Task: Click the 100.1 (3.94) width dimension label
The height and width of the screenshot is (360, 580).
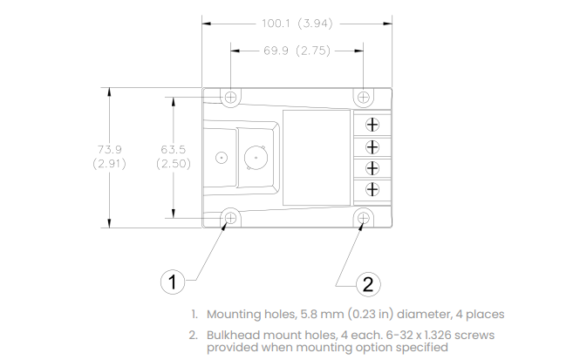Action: [x=297, y=24]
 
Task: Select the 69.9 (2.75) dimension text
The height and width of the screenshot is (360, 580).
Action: [x=297, y=51]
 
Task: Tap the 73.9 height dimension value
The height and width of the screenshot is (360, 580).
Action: [x=110, y=149]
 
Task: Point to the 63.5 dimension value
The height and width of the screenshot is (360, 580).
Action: [x=173, y=149]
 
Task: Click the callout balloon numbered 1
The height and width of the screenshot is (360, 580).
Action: [x=173, y=282]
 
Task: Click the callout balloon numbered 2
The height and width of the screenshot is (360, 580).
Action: [x=368, y=284]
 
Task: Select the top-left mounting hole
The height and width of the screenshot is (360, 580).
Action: [x=230, y=98]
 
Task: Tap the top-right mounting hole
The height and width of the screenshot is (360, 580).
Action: [x=363, y=98]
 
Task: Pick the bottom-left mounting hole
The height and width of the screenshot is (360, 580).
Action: [x=230, y=218]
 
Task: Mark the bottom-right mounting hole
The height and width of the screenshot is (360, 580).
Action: [x=363, y=218]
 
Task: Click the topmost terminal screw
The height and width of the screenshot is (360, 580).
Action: [x=372, y=125]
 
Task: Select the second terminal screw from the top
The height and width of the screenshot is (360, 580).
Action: [x=372, y=147]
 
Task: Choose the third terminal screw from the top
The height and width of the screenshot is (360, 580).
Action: [x=372, y=168]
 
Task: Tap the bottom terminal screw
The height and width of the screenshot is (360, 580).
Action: [x=372, y=189]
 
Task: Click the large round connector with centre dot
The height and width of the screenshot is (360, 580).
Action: [x=256, y=158]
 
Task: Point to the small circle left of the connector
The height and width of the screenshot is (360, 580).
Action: [x=222, y=158]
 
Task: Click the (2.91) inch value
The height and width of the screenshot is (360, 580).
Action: [x=110, y=163]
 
